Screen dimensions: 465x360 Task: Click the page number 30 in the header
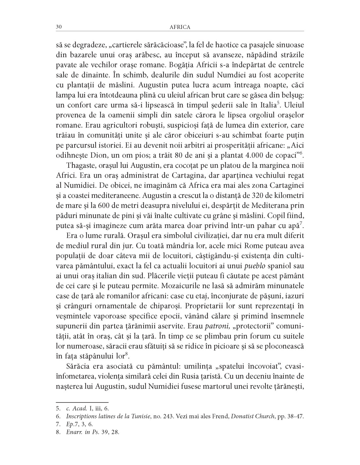(59, 27)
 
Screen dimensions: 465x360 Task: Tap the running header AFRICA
(180, 27)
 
